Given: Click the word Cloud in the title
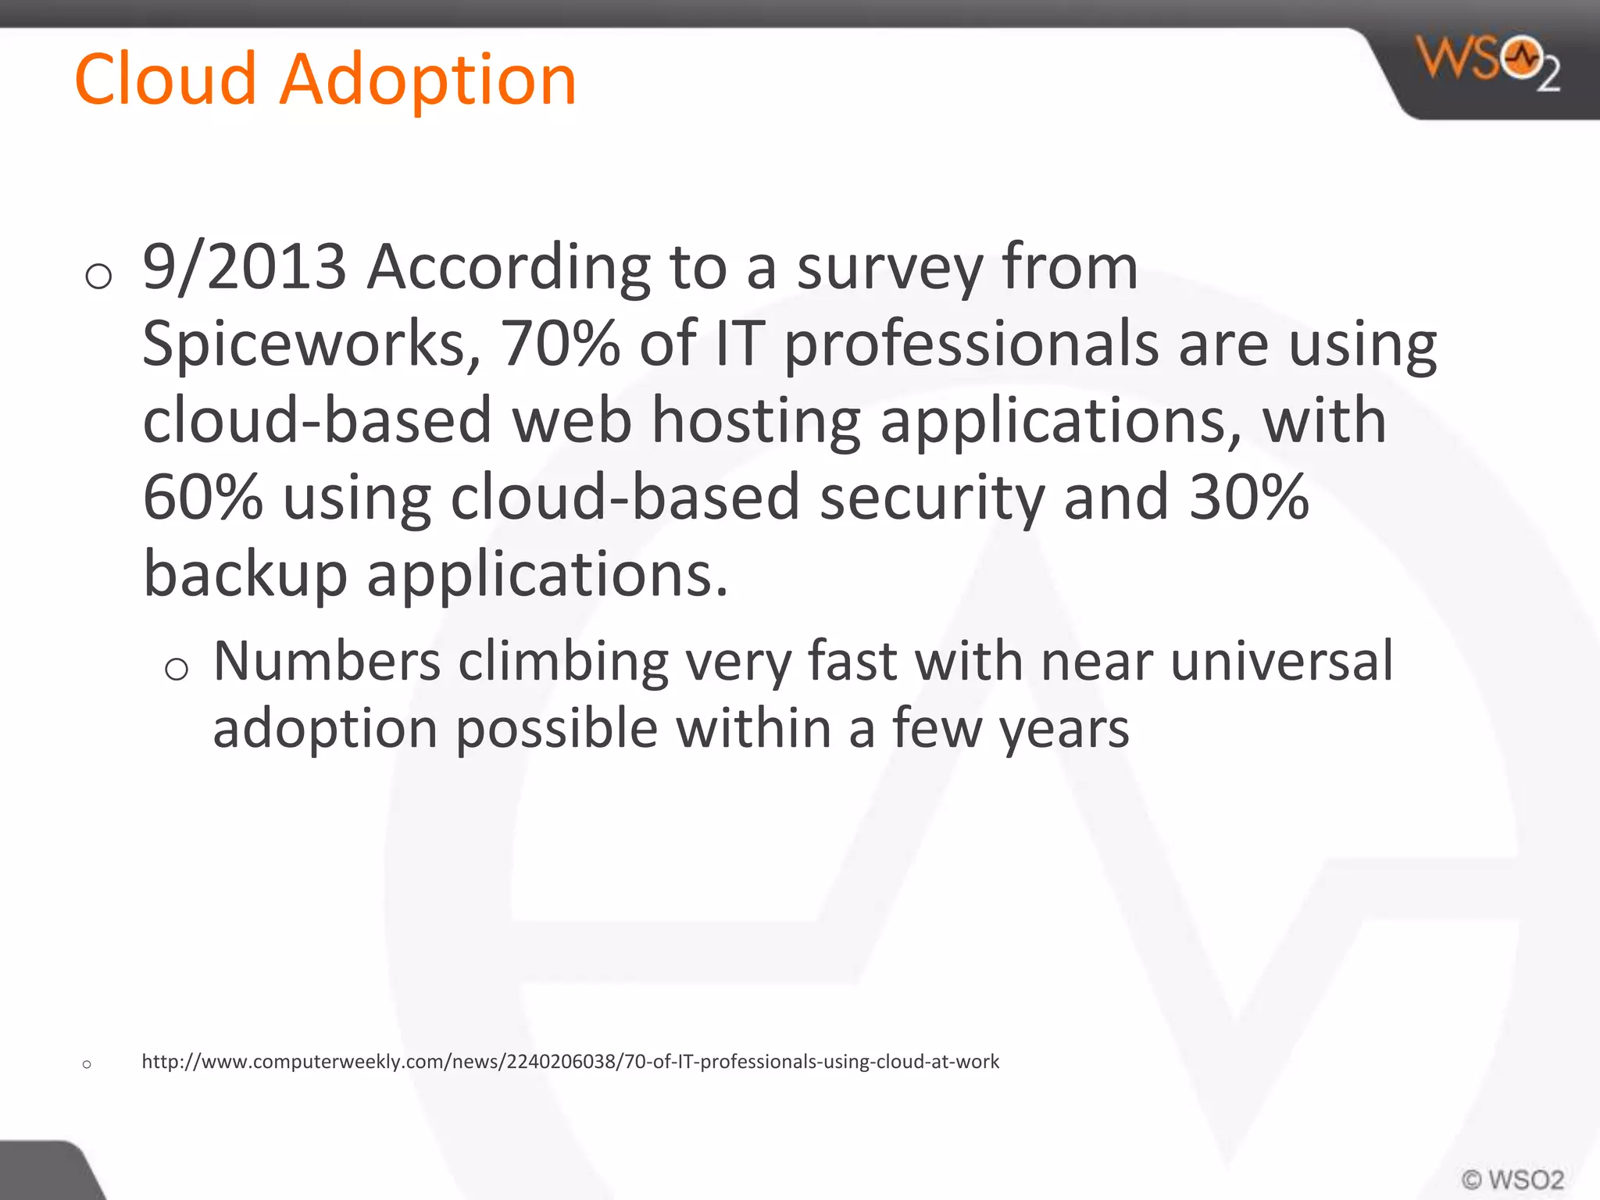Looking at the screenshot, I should pyautogui.click(x=165, y=79).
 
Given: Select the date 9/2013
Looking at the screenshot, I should pyautogui.click(x=244, y=267).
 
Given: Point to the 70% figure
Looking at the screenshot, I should pyautogui.click(x=560, y=344).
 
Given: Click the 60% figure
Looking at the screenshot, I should pyautogui.click(x=202, y=497).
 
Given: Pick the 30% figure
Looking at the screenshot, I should pyautogui.click(x=1248, y=497).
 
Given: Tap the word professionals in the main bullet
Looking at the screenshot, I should pyautogui.click(x=971, y=344).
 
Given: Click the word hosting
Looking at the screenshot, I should pyautogui.click(x=755, y=420).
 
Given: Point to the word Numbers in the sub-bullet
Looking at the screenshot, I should pyautogui.click(x=327, y=661).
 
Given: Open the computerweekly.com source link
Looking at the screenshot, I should pyautogui.click(x=570, y=1062).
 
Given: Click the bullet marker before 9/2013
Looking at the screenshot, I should pyautogui.click(x=98, y=276).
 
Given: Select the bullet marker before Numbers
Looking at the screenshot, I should pyautogui.click(x=177, y=669).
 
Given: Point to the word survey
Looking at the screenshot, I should pyautogui.click(x=889, y=267).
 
